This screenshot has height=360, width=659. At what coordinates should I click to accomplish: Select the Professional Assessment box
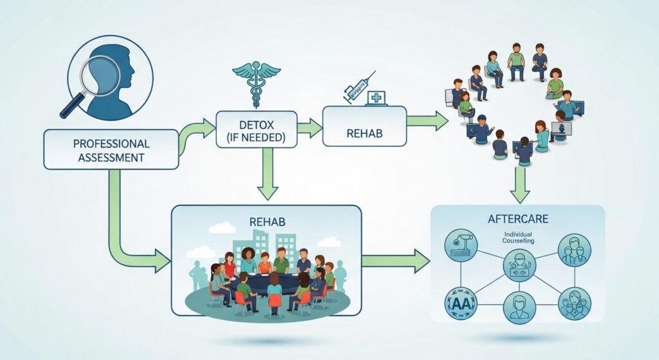click(111, 149)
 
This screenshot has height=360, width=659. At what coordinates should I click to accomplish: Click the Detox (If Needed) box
click(256, 129)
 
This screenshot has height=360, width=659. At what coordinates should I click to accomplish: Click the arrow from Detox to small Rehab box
click(310, 128)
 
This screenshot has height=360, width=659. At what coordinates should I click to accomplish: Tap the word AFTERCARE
click(517, 220)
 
